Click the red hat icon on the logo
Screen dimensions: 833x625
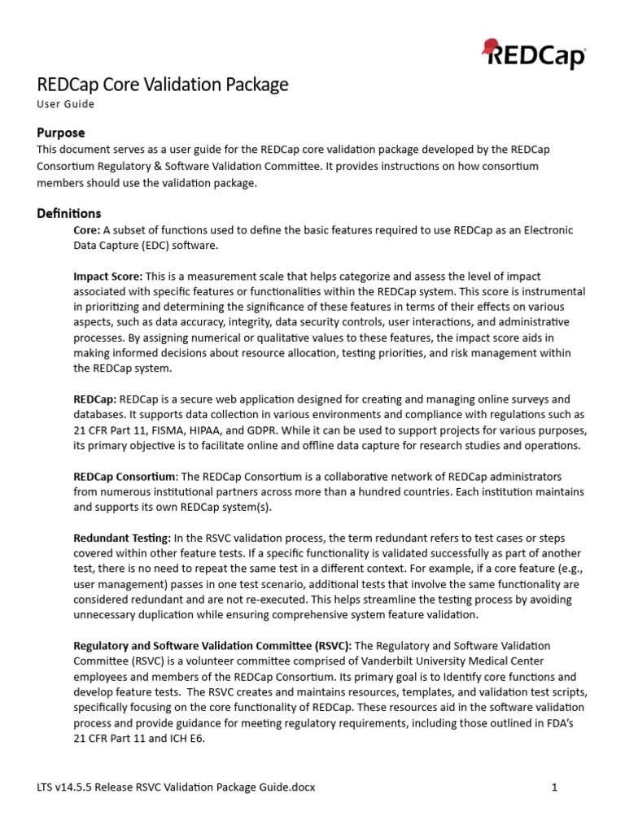click(x=491, y=47)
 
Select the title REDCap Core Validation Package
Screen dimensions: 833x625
click(x=163, y=84)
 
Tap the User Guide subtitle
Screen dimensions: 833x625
click(x=66, y=104)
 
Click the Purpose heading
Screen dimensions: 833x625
click(x=61, y=132)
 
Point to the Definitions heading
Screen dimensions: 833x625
click(x=69, y=213)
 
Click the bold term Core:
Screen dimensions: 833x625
click(x=87, y=230)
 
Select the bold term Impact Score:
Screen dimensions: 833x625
click(x=108, y=277)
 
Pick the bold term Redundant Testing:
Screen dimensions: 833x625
click(x=122, y=538)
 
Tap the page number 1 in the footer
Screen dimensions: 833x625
click(x=554, y=787)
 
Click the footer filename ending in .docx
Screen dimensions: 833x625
click(x=176, y=787)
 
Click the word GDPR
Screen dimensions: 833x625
click(x=277, y=430)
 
